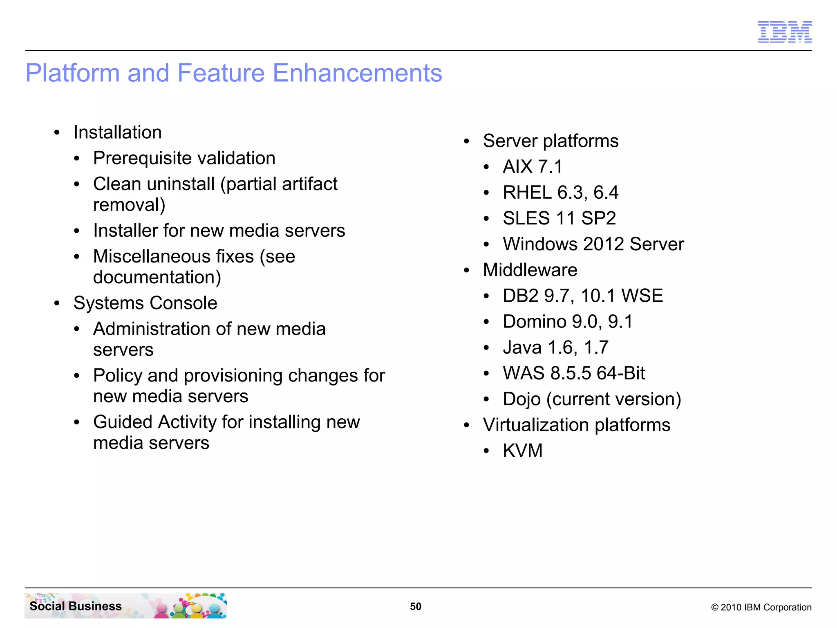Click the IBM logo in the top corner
tap(785, 32)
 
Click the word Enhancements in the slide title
tap(357, 73)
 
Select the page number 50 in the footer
tap(416, 606)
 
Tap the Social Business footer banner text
tap(76, 606)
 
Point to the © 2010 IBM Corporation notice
tap(761, 607)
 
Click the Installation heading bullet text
tap(117, 132)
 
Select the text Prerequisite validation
tap(184, 158)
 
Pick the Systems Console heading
tap(145, 303)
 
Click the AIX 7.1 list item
tap(533, 167)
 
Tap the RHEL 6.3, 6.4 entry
tap(560, 193)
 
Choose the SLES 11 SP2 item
tap(559, 218)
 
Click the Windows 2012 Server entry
tap(593, 244)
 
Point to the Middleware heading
tap(530, 270)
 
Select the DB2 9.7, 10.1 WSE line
tap(582, 296)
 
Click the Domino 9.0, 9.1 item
tap(568, 322)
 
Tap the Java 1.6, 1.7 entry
tap(555, 348)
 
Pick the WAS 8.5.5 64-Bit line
tap(574, 373)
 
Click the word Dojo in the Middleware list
tap(521, 399)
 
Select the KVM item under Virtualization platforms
tap(522, 451)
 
